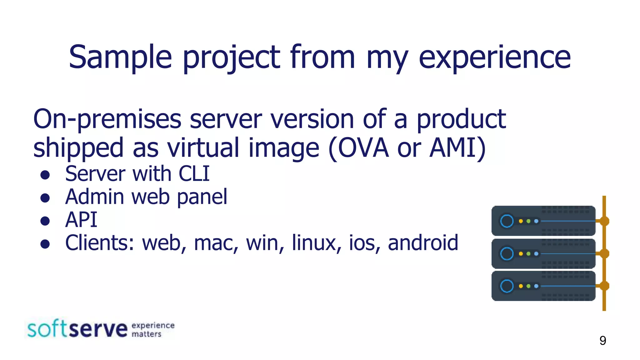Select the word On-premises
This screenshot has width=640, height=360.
(107, 119)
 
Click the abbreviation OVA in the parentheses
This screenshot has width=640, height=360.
(363, 148)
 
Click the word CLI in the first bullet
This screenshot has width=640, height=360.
(194, 174)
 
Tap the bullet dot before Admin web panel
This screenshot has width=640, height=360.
(45, 198)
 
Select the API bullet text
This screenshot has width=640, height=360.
(81, 220)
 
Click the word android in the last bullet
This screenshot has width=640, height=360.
(423, 243)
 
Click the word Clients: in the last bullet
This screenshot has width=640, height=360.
(99, 243)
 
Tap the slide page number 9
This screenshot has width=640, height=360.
(602, 340)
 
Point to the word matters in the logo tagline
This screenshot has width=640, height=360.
(146, 334)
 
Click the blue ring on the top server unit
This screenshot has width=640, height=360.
(507, 221)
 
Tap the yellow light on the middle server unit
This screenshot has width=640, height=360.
(521, 253)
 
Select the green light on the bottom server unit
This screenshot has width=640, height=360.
(528, 286)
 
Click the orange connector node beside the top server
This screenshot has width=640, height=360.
(604, 221)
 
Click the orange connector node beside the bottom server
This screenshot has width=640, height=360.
(604, 286)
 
